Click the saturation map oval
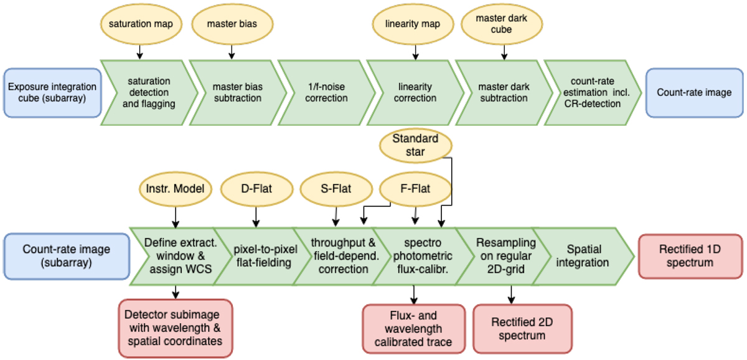(x=139, y=25)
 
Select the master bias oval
(x=228, y=25)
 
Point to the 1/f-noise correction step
(x=326, y=93)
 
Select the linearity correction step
(x=416, y=93)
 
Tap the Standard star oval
(x=415, y=144)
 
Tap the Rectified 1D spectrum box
(x=691, y=256)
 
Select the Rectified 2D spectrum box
(x=513, y=328)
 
